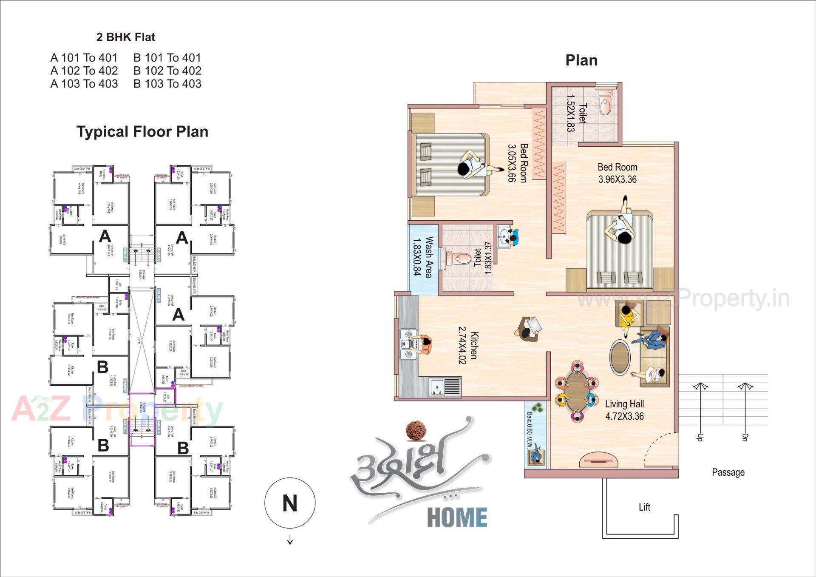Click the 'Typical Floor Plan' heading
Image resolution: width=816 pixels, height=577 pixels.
pos(142,132)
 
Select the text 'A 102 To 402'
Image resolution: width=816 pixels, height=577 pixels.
pos(84,71)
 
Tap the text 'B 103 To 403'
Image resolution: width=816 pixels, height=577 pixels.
pos(167,84)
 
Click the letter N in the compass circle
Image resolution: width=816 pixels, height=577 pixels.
pos(290,503)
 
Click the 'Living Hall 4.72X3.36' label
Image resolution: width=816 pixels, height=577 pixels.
pos(624,410)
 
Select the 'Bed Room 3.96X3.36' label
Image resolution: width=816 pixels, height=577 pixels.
pos(617,173)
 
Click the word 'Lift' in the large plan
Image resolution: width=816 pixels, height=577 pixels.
pos(644,507)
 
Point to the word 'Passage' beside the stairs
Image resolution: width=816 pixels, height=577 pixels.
pos(728,472)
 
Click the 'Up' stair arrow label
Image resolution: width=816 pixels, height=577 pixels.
pos(700,437)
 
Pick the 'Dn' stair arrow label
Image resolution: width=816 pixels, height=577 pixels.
pos(745,437)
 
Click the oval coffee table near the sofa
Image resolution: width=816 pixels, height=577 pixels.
pos(620,357)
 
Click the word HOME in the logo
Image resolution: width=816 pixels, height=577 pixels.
pos(457,517)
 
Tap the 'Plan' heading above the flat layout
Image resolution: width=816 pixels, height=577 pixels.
pos(581,60)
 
